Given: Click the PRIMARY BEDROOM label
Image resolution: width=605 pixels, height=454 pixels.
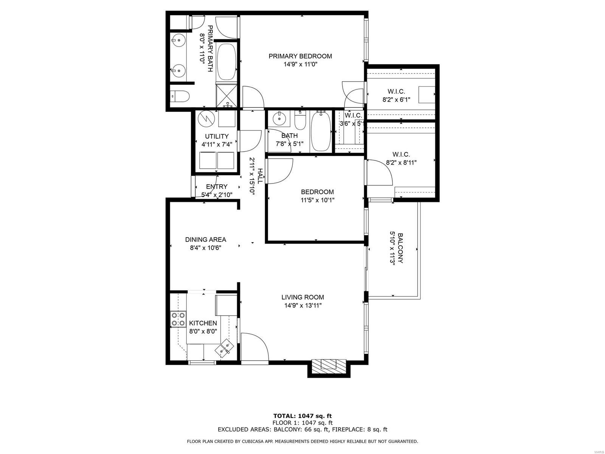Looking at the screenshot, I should coord(300,56).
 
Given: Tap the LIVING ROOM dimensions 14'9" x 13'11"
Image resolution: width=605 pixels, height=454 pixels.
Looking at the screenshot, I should coord(302,305).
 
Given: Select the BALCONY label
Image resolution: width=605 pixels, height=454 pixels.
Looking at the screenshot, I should coord(400,248).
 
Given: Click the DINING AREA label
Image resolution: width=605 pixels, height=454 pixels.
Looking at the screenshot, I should coord(205,239).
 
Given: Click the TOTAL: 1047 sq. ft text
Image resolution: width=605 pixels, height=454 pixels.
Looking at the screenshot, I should coord(302,416).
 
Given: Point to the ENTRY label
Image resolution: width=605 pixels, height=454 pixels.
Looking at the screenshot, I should coord(217,187).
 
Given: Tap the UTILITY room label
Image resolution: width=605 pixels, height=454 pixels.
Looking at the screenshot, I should coord(217,136).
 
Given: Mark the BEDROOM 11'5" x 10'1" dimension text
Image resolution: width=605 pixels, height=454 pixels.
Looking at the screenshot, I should coord(318,200).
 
